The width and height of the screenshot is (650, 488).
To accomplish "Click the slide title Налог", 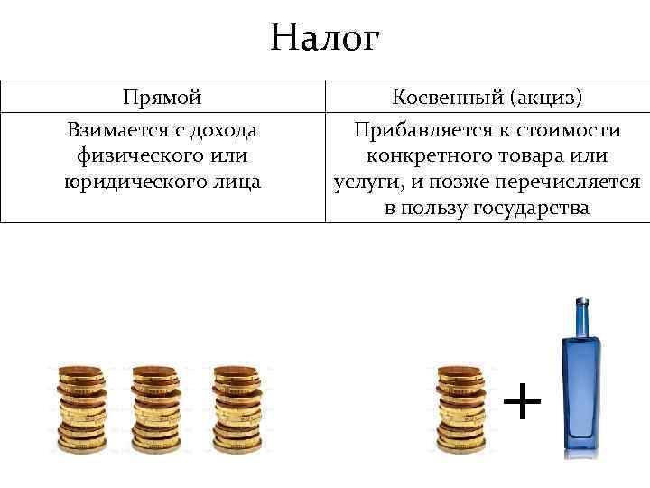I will (325, 38).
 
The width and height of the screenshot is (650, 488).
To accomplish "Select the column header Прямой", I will (162, 98).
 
